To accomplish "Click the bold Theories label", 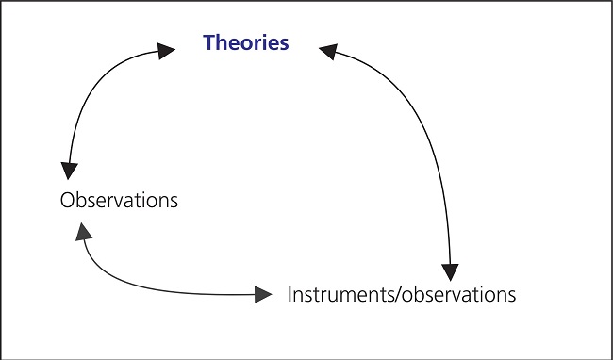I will tap(246, 43).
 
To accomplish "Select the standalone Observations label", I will tap(118, 201).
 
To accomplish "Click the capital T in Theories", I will tap(209, 43).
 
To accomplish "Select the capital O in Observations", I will tap(66, 201).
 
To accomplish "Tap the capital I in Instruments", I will tap(290, 294).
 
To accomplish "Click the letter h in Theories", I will tap(222, 43).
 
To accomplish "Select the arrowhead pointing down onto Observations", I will tap(69, 170).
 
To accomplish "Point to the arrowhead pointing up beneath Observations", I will tap(83, 230).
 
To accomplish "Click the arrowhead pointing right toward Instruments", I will tap(260, 294).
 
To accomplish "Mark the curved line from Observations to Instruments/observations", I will tap(151, 288).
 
